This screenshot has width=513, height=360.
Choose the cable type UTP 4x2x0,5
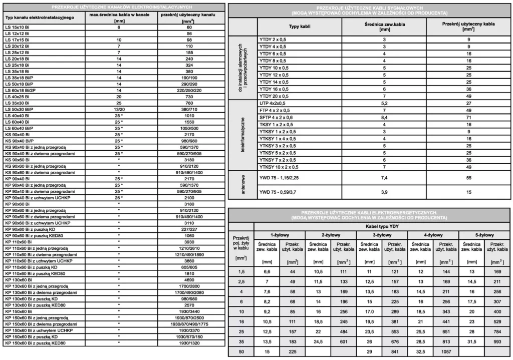point(274,103)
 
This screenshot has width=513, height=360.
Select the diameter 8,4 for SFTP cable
point(384,117)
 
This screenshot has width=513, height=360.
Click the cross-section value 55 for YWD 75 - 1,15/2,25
point(469,177)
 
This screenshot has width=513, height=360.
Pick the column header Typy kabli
point(300,26)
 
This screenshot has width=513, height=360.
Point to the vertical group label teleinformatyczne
point(242,135)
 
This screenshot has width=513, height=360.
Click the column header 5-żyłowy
point(484,235)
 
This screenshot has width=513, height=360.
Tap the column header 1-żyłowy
point(279,235)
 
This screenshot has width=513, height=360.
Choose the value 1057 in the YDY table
point(445,352)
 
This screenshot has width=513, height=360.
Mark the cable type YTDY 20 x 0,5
point(274,96)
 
